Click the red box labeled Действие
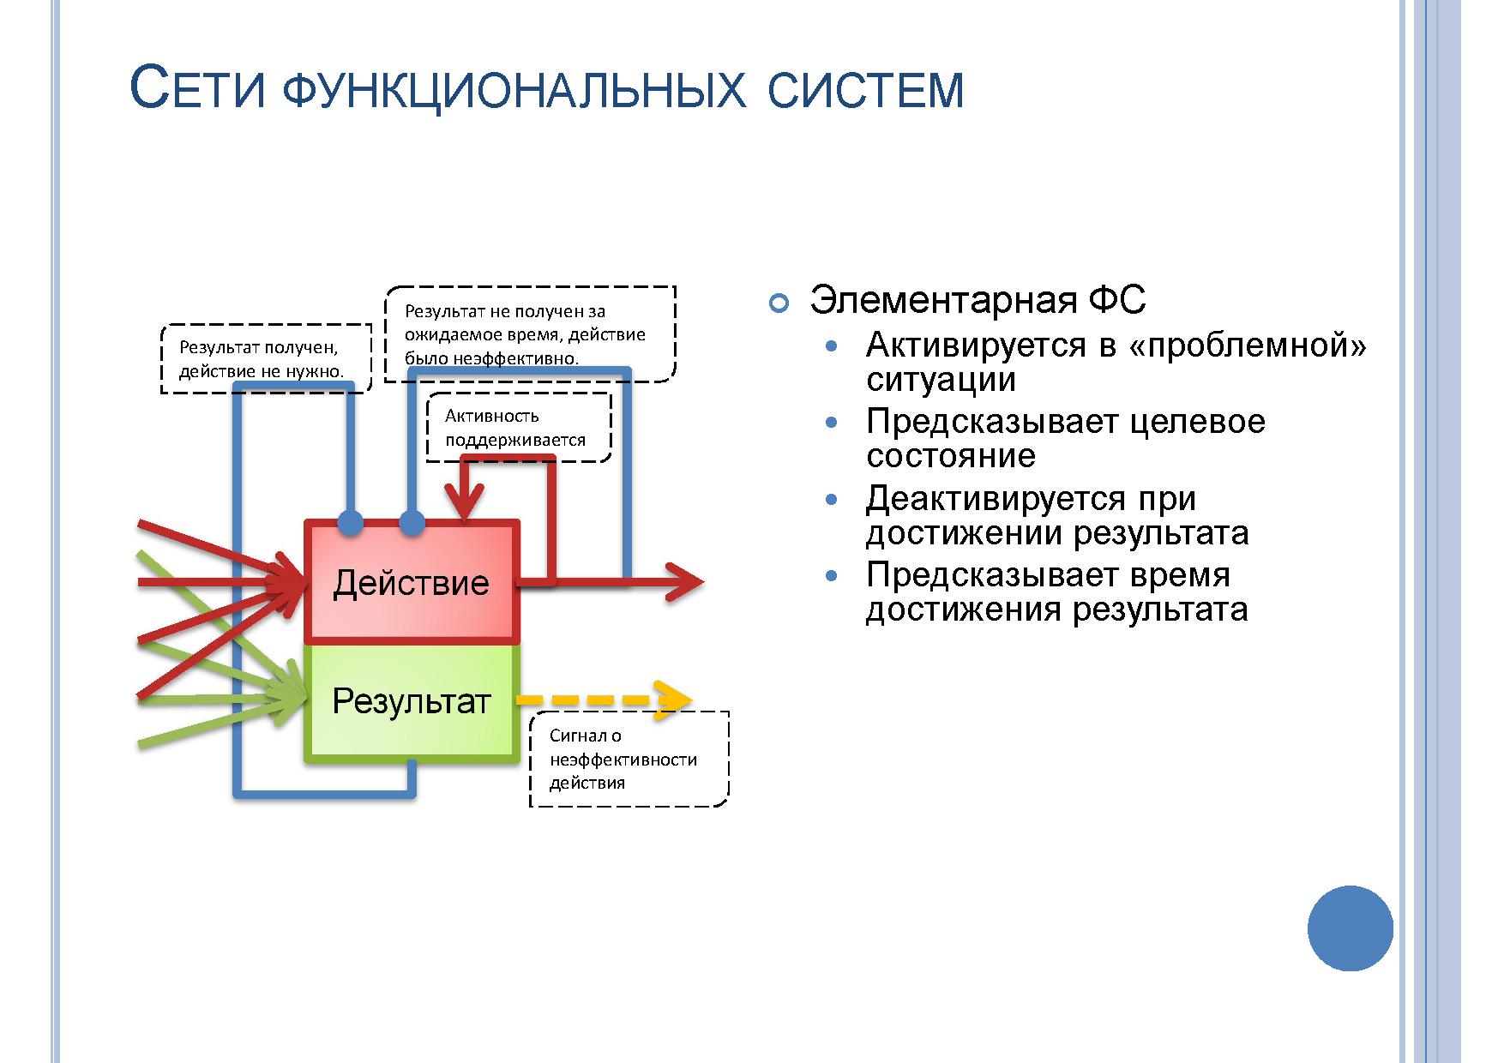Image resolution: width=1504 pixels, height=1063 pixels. pos(412,582)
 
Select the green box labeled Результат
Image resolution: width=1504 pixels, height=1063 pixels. pos(412,702)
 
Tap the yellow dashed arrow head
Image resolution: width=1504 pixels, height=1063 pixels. pos(673,700)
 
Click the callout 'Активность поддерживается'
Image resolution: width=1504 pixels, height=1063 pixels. pos(519,428)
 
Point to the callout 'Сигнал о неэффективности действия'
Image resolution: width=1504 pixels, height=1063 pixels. pos(629,760)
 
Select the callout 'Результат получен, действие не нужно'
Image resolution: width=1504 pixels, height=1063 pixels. pos(267,358)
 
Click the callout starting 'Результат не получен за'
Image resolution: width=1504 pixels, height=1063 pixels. pos(529,334)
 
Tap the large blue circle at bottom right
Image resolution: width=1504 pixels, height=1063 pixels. pos(1351,928)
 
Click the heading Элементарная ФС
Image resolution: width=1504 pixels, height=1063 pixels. pos(978,300)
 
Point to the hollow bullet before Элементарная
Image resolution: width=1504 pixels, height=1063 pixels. pos(779,303)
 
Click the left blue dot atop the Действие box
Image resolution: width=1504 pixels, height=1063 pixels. pos(350,521)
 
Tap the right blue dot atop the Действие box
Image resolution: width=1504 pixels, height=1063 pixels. pos(412,521)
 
